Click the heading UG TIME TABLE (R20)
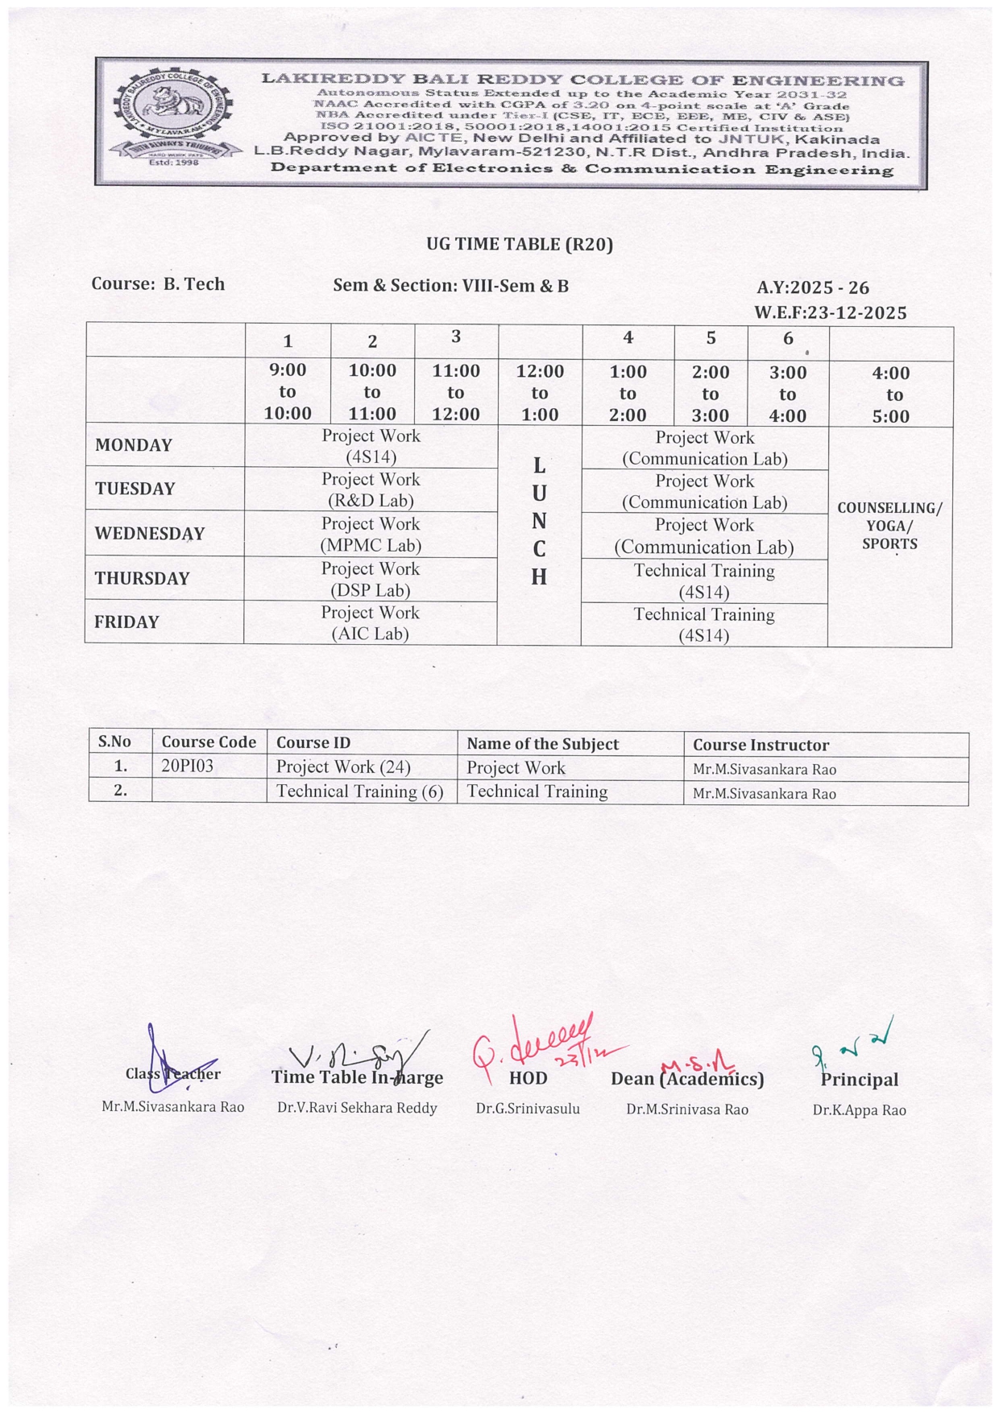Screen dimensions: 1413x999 pos(520,244)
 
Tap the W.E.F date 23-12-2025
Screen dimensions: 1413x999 pos(831,313)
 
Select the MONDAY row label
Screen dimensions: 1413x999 pos(134,445)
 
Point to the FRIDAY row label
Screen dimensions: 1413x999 pos(126,622)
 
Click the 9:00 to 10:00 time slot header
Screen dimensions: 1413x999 pos(288,392)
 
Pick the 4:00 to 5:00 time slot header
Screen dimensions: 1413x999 pos(890,395)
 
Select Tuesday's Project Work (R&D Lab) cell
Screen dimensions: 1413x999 pos(371,490)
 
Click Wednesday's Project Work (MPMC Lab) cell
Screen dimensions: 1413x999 pos(371,535)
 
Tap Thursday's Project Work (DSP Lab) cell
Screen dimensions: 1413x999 pos(371,579)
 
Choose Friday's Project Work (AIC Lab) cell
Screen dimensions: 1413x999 pos(371,623)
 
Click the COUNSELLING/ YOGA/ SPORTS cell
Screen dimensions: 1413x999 pos(889,526)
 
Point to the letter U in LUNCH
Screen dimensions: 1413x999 pos(539,493)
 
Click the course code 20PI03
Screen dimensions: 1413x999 pos(187,766)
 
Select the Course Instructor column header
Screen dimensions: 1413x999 pos(761,745)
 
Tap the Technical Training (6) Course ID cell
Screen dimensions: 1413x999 pos(359,791)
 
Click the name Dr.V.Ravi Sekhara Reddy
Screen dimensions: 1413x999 pos(357,1108)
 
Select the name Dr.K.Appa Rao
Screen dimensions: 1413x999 pos(859,1110)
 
